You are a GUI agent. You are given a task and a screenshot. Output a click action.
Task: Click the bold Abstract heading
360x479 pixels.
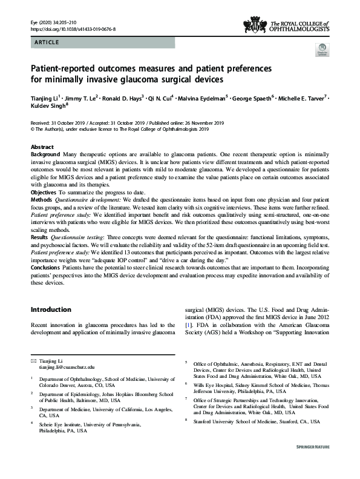pos(42,148)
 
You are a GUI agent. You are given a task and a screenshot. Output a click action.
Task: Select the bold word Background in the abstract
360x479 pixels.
pos(45,156)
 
